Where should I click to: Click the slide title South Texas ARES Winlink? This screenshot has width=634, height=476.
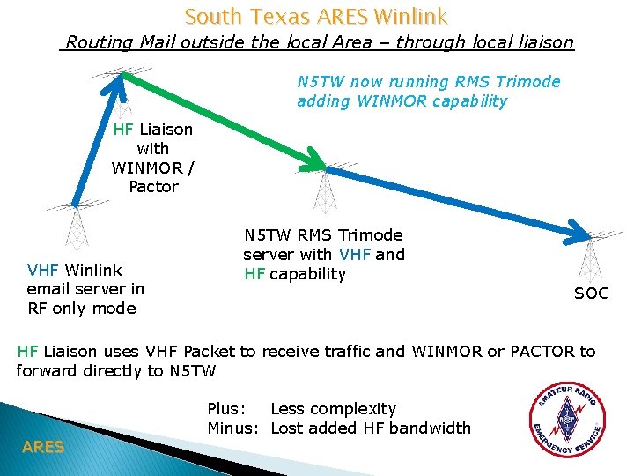pyautogui.click(x=316, y=16)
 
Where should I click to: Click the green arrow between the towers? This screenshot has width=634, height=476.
pyautogui.click(x=220, y=119)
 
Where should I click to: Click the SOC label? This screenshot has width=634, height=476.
pyautogui.click(x=591, y=294)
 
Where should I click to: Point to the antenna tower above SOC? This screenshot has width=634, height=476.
pyautogui.click(x=589, y=256)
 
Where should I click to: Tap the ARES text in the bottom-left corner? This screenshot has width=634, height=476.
pyautogui.click(x=43, y=447)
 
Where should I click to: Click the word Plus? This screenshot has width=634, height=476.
pyautogui.click(x=226, y=409)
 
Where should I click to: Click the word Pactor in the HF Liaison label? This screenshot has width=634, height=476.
pyautogui.click(x=153, y=187)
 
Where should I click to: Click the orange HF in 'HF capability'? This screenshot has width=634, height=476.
pyautogui.click(x=254, y=274)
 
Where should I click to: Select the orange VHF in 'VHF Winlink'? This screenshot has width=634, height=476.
pyautogui.click(x=44, y=270)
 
